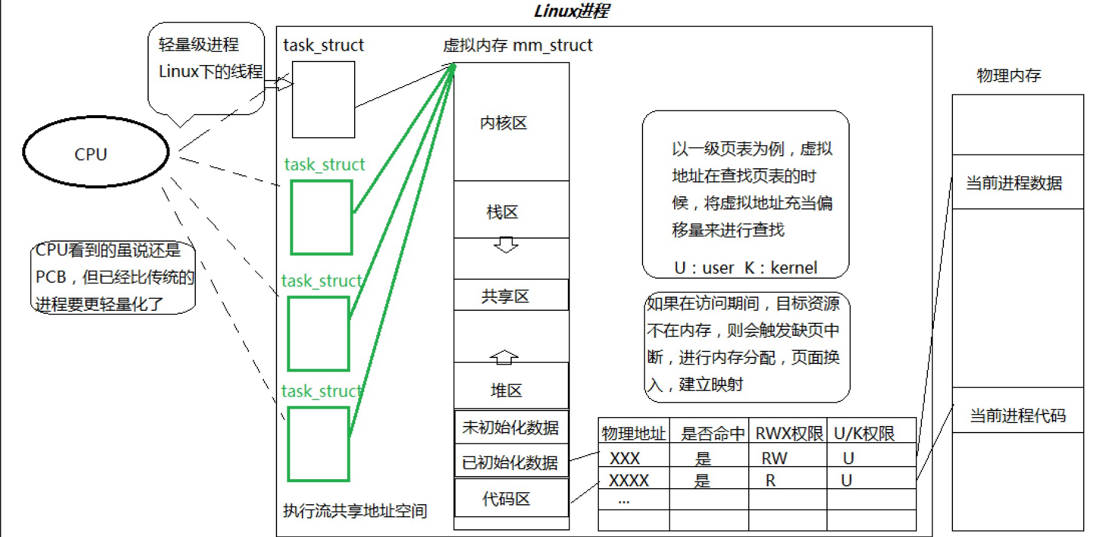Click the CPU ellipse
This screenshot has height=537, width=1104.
(96, 152)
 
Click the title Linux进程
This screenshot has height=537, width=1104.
(571, 11)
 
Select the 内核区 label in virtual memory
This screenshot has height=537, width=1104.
(503, 123)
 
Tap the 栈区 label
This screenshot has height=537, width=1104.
(502, 212)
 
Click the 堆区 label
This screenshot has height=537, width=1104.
(506, 390)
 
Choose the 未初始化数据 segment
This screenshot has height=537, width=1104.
(511, 427)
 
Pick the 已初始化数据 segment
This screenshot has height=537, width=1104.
(511, 462)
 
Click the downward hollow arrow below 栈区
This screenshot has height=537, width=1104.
(506, 245)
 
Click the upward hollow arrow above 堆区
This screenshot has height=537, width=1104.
(504, 357)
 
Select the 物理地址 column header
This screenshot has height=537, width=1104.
(634, 433)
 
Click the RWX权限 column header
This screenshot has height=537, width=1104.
(788, 433)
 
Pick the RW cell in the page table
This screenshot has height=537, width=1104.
(774, 458)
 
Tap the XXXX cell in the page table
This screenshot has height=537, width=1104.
(629, 480)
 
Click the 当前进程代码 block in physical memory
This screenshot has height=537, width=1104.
(1017, 415)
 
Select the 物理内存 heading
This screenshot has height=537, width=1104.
(1008, 75)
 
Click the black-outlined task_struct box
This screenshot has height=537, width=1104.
(323, 100)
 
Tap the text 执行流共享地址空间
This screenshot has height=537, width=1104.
(355, 511)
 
